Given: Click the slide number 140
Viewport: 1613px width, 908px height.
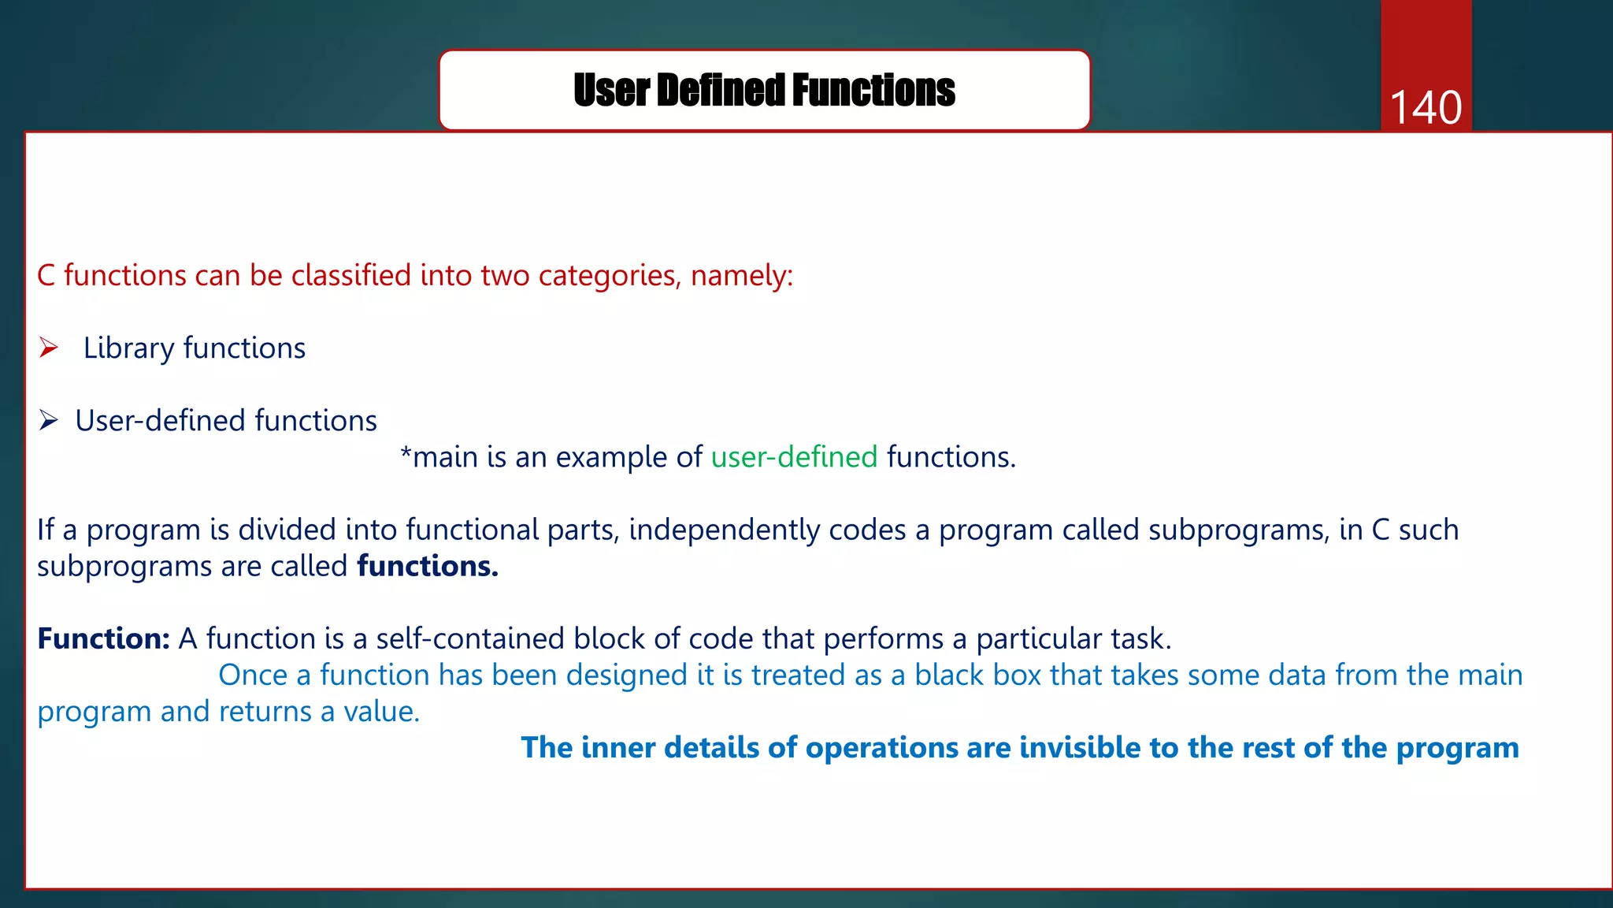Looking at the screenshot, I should pos(1426,107).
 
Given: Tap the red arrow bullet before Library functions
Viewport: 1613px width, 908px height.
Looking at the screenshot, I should pos(49,348).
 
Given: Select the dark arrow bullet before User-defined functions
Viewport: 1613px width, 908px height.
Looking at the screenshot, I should pos(49,421).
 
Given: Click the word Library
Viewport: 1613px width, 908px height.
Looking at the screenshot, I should pos(128,348).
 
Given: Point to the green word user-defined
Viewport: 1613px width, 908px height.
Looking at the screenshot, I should pos(794,457).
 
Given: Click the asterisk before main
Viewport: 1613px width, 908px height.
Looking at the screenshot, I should pos(406,455).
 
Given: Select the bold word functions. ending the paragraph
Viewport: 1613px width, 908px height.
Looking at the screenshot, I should pos(428,566).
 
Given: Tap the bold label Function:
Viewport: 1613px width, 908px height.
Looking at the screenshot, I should pos(103,638).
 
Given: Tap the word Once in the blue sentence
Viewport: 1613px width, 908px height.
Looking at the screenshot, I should pos(252,675).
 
